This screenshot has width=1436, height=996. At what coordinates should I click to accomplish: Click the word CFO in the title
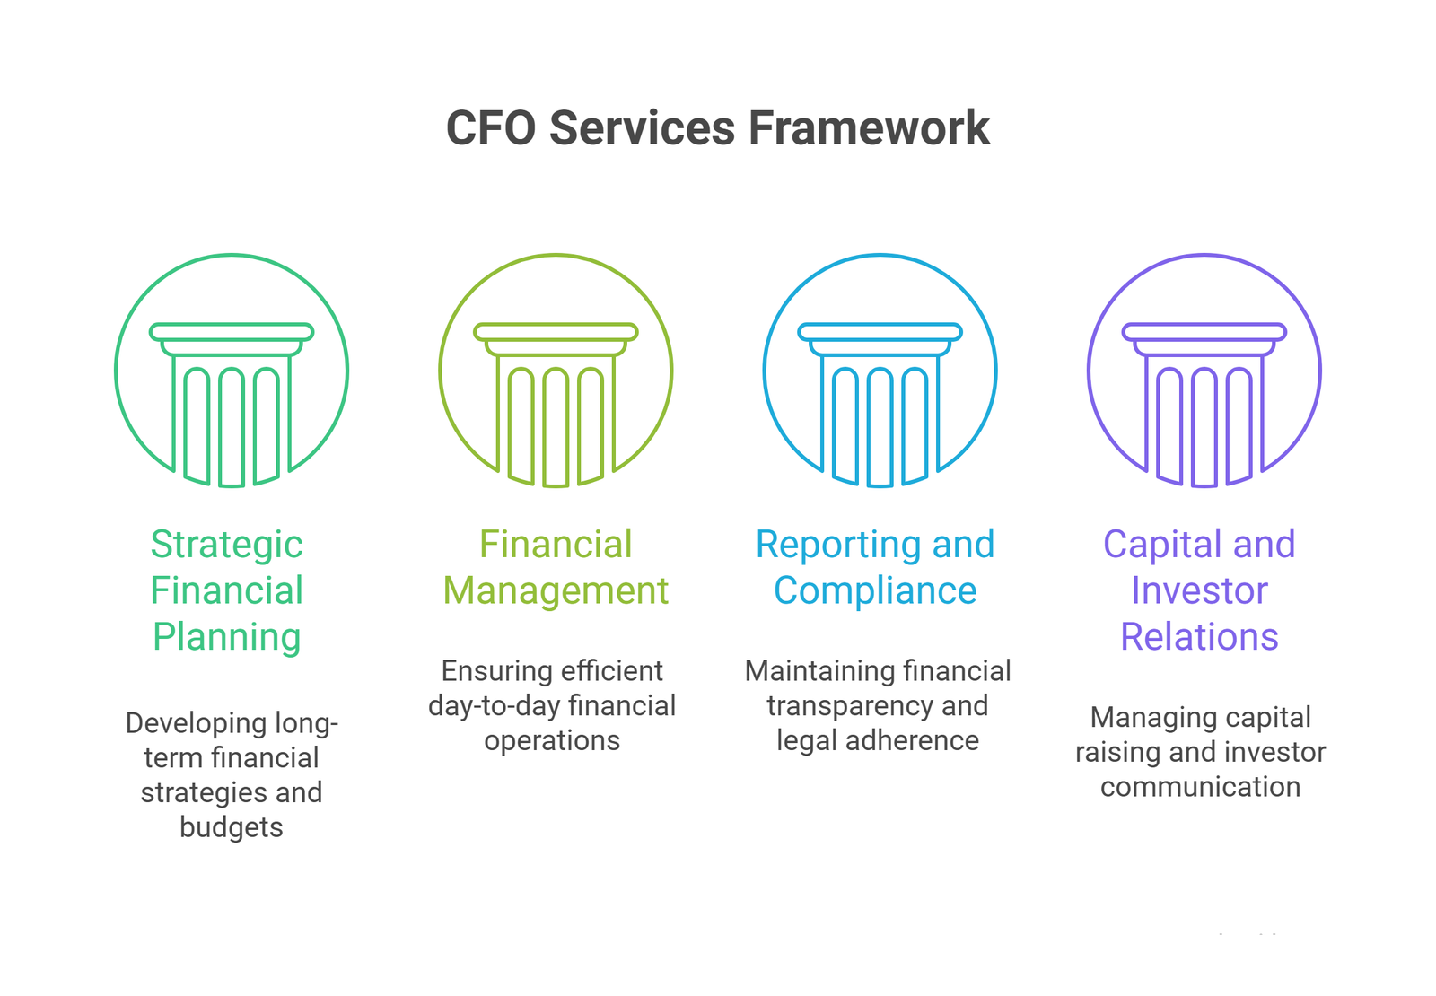tap(491, 127)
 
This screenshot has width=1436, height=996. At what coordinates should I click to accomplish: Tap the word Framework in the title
tap(870, 127)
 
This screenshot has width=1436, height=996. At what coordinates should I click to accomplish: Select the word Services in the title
tap(642, 127)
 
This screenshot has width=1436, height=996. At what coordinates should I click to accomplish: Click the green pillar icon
tap(232, 371)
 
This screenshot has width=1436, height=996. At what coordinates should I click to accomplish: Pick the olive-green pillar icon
tap(556, 371)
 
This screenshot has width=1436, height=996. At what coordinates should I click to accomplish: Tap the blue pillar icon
tap(880, 371)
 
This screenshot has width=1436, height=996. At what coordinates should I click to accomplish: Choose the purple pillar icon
tap(1204, 371)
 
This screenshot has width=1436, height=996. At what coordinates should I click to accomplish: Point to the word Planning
tap(226, 638)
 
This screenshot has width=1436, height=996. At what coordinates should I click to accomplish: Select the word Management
tap(556, 591)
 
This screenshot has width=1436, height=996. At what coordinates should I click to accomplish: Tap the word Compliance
tap(875, 591)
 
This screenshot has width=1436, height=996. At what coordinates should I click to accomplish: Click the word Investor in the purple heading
tap(1199, 591)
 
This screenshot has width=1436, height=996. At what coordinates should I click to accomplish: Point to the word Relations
tap(1199, 637)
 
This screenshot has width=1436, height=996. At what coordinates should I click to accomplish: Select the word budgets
tap(232, 826)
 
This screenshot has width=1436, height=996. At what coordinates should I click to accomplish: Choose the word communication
tap(1201, 786)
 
